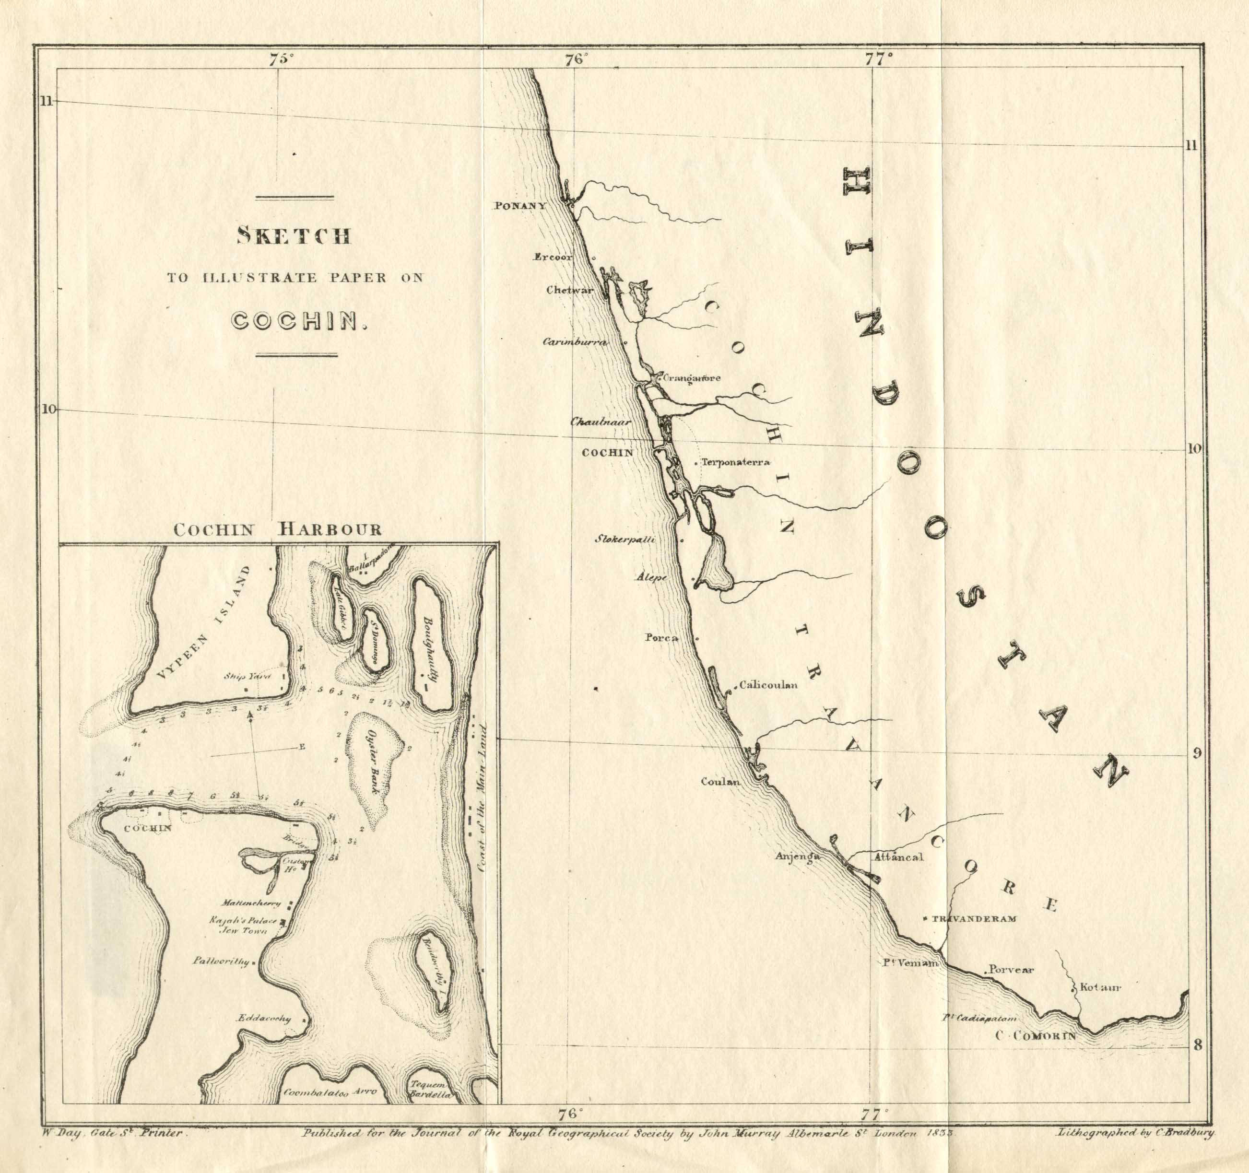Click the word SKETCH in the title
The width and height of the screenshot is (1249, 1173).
point(294,236)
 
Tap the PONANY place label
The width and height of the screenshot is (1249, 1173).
point(519,205)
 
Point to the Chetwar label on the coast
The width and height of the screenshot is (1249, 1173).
point(569,290)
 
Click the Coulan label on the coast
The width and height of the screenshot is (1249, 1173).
point(720,782)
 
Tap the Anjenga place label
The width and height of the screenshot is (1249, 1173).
point(797,856)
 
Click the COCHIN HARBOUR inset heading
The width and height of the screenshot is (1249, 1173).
point(277,529)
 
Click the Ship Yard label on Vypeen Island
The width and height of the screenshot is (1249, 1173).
point(247,677)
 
